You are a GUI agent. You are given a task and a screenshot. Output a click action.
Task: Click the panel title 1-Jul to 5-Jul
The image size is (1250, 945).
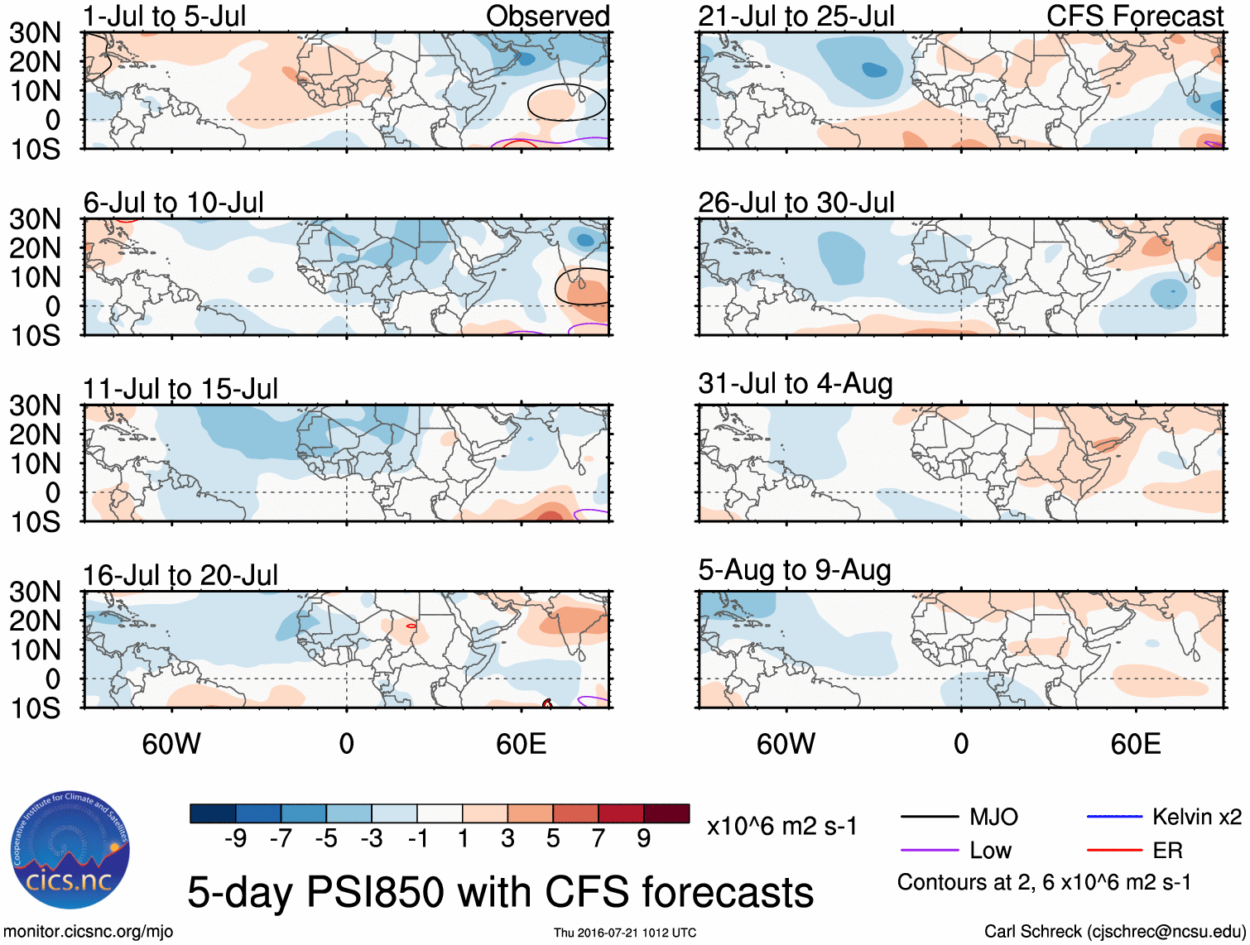coord(165,17)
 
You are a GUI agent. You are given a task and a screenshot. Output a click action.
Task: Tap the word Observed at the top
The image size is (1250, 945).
coord(547,17)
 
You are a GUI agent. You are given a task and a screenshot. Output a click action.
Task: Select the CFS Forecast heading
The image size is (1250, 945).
coord(1134,17)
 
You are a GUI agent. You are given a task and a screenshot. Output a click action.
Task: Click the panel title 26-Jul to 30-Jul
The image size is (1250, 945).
coord(796,203)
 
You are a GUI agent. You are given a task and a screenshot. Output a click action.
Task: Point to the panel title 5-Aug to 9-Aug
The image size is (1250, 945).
coord(795,570)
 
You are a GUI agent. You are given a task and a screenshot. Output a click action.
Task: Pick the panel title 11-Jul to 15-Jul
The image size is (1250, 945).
coord(180,389)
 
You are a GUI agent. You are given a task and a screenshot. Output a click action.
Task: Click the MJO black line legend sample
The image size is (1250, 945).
coord(929,818)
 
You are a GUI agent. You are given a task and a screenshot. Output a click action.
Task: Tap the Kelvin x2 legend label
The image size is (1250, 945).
coord(1196,818)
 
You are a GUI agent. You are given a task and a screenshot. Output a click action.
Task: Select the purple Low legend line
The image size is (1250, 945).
coord(929,851)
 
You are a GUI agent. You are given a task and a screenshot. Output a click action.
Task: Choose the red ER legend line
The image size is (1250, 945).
coord(1114,851)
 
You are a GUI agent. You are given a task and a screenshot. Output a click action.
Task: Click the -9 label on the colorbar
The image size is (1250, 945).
coord(235,839)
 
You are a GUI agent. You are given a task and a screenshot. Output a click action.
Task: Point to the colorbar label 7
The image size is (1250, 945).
coord(599,839)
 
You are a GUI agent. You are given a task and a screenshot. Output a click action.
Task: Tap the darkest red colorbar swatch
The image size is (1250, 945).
coord(666,813)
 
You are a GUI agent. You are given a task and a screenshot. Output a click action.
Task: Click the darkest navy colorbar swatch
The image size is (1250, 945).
coord(213,813)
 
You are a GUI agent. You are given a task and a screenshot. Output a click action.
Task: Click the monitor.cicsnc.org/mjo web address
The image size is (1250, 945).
coord(89,932)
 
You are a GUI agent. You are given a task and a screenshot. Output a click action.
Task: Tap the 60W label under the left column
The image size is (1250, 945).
coord(171,744)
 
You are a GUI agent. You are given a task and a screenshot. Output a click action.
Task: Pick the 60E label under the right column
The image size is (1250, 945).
coord(1135,744)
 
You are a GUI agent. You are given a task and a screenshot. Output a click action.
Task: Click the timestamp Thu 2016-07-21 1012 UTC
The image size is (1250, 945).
coord(625,933)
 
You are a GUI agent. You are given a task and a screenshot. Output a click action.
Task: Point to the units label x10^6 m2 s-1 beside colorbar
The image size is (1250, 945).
coord(781,827)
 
